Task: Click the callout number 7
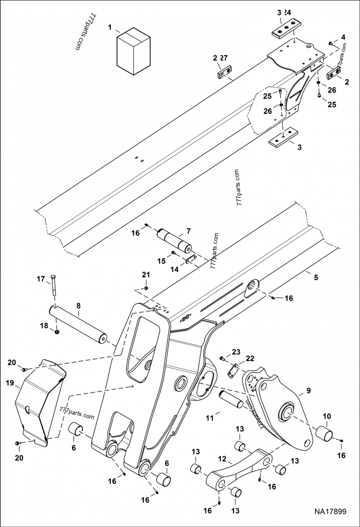pyautogui.click(x=188, y=232)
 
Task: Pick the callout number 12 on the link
pyautogui.click(x=222, y=460)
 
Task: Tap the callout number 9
pyautogui.click(x=308, y=390)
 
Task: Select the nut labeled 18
pyautogui.click(x=57, y=332)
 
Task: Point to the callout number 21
pyautogui.click(x=144, y=274)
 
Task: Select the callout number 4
pyautogui.click(x=343, y=37)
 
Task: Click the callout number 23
pyautogui.click(x=236, y=352)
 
